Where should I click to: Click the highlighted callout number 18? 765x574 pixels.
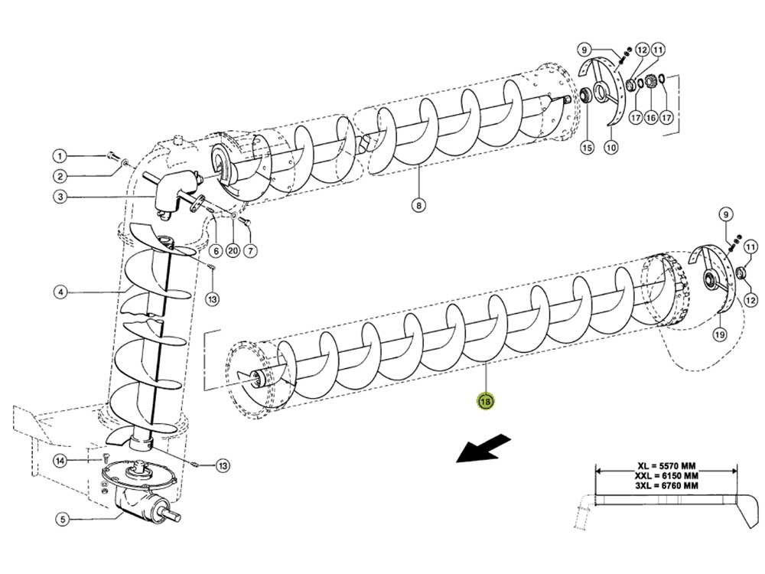tap(485, 400)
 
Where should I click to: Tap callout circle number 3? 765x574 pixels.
tap(60, 197)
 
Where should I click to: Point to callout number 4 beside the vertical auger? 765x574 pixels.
tap(60, 292)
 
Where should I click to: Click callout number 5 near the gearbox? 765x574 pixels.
tap(60, 519)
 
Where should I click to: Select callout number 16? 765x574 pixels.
tap(651, 118)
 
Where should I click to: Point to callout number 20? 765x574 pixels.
tap(233, 250)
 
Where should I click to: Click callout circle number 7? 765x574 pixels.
tap(252, 250)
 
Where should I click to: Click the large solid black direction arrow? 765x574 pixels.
tap(483, 448)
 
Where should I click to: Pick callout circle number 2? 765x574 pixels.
tap(60, 176)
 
